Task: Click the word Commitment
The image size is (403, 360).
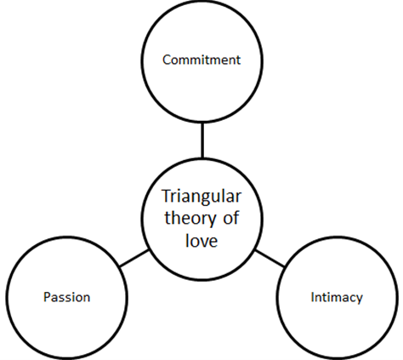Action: click(x=201, y=60)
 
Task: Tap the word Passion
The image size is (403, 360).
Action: click(x=67, y=297)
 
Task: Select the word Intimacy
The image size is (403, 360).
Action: click(x=337, y=298)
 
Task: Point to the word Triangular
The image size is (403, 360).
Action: click(x=201, y=197)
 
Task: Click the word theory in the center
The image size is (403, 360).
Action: click(x=190, y=219)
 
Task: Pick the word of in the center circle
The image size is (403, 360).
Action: click(x=230, y=218)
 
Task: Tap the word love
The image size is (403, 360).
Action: click(x=201, y=240)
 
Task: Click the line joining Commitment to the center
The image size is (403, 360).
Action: click(x=202, y=140)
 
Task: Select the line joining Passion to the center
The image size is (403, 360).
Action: click(x=134, y=259)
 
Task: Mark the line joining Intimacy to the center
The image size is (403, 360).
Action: click(x=270, y=259)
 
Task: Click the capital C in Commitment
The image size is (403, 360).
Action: click(x=167, y=60)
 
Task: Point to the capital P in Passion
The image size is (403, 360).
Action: click(x=47, y=297)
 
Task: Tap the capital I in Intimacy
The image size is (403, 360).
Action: click(x=312, y=297)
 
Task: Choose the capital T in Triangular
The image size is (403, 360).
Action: click(x=167, y=196)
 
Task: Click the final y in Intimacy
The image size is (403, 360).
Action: click(x=359, y=300)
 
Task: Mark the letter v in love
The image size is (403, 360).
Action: click(x=203, y=242)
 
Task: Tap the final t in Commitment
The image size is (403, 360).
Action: click(x=238, y=60)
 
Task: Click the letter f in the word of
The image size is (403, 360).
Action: click(x=236, y=218)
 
